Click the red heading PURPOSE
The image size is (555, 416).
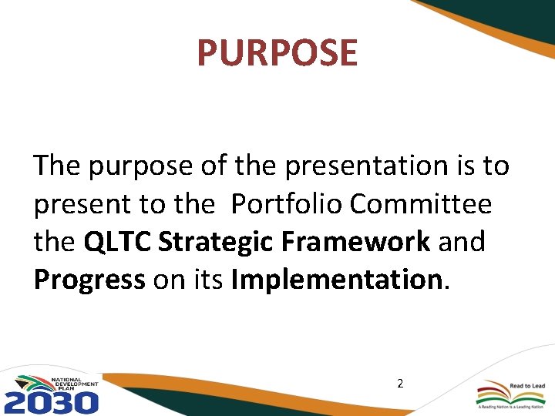pyautogui.click(x=277, y=53)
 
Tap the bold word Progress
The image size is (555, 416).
pyautogui.click(x=89, y=280)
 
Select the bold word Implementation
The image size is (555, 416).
pyautogui.click(x=336, y=280)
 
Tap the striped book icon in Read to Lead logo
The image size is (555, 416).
pyautogui.click(x=493, y=391)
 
